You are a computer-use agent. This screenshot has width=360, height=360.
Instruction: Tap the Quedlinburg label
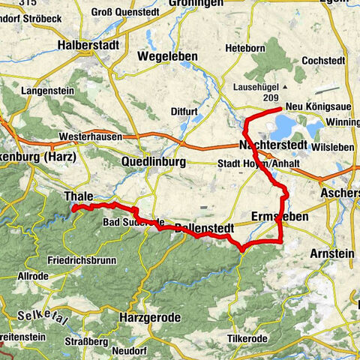pyautogui.click(x=153, y=161)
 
